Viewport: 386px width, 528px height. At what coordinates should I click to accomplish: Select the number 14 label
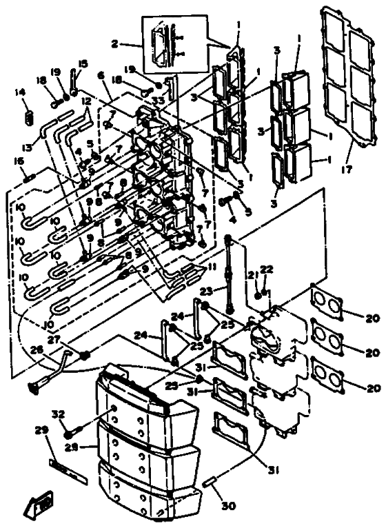click(19, 92)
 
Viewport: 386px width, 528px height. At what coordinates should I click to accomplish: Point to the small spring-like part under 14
click(28, 118)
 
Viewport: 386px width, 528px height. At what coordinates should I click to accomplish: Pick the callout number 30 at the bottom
click(227, 506)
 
